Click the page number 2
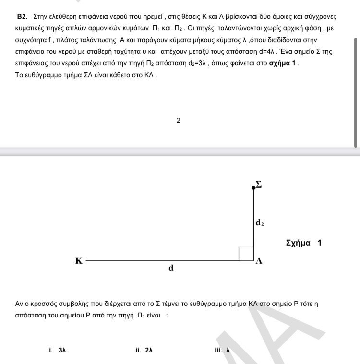coord(179,120)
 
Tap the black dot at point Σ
coord(254,188)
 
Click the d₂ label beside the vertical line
coord(260,223)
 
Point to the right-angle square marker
coord(246,254)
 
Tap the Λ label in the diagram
coord(259,261)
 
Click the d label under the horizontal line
coord(171,269)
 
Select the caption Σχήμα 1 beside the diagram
coord(303,243)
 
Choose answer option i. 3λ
coord(57,350)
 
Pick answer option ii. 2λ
coord(144,350)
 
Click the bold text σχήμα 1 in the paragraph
coord(283,63)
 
